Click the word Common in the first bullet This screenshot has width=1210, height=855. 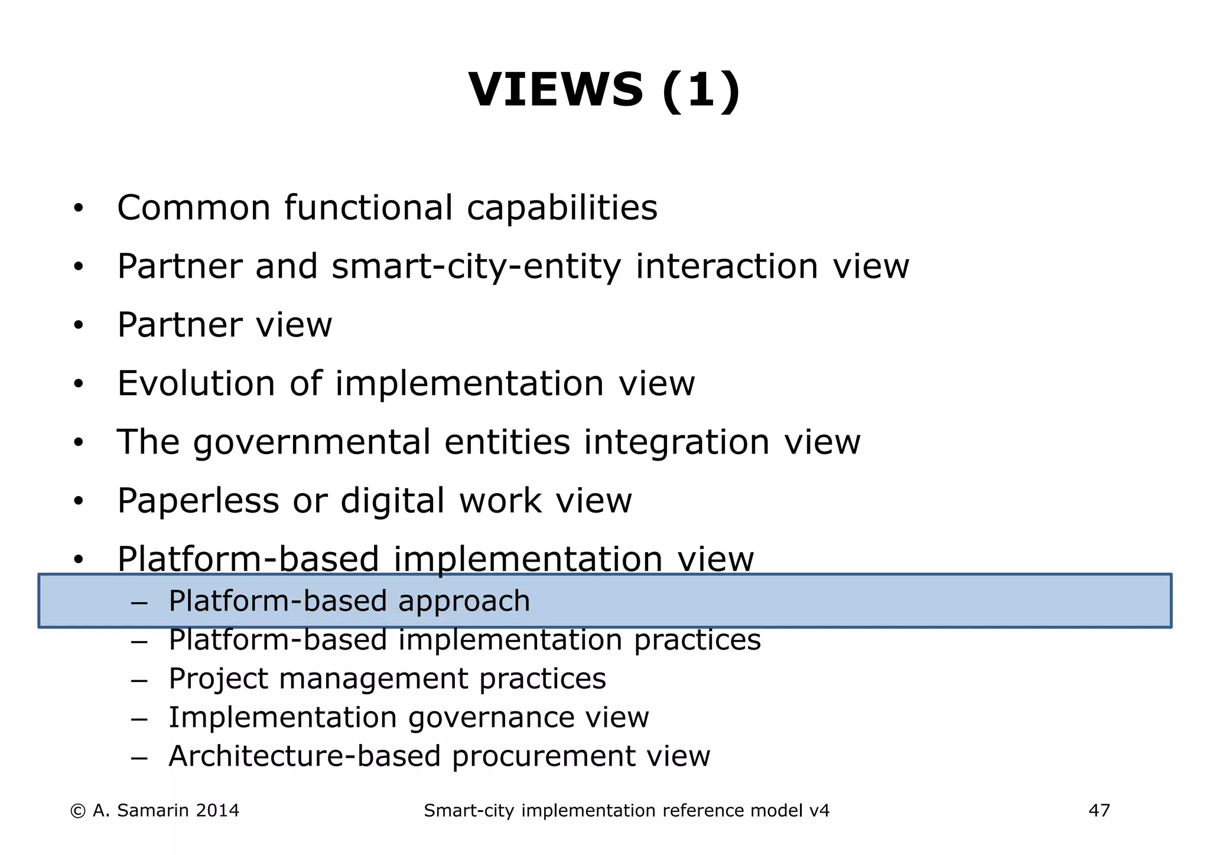coord(194,208)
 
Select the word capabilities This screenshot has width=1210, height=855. coord(562,208)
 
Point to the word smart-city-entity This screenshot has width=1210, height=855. coord(476,266)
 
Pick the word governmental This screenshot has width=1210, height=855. coord(311,442)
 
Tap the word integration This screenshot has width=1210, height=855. coord(677,442)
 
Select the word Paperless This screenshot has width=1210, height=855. coord(198,501)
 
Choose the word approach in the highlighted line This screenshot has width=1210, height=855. coord(464,602)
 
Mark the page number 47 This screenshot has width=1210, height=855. coord(1099,811)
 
